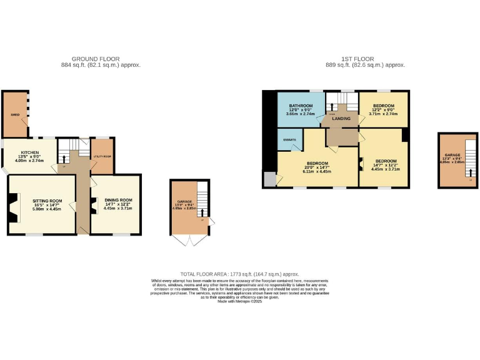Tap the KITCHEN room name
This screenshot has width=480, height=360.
pos(30,152)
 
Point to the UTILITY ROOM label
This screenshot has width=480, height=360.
pos(101,156)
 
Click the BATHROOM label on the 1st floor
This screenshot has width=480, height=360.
pos(301,106)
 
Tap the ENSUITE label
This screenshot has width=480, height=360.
pos(289,139)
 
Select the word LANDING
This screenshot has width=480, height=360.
pos(341,118)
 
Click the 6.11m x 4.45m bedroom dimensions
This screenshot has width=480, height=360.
pos(317,171)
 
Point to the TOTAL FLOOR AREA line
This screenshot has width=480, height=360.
pos(239,274)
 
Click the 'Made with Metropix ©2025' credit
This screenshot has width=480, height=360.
pos(239,302)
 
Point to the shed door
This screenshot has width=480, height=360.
pos(25,125)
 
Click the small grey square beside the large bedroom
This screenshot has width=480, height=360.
pos(269,180)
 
